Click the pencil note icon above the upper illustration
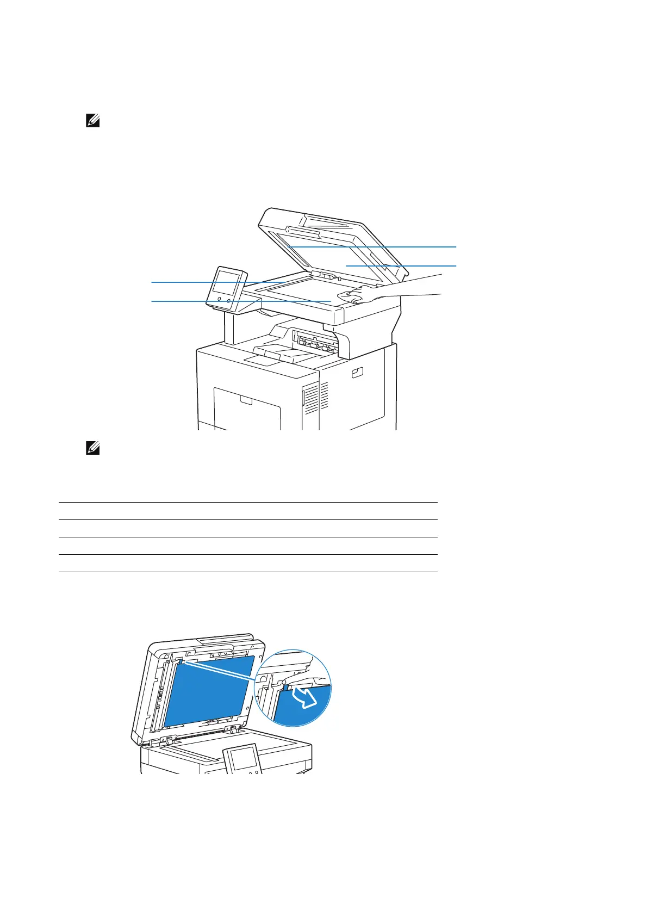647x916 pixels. click(x=93, y=121)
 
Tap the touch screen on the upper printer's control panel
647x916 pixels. click(x=227, y=284)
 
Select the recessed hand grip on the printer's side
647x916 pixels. click(x=356, y=373)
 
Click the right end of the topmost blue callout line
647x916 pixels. click(x=456, y=247)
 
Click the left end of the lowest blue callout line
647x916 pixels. click(x=152, y=301)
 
